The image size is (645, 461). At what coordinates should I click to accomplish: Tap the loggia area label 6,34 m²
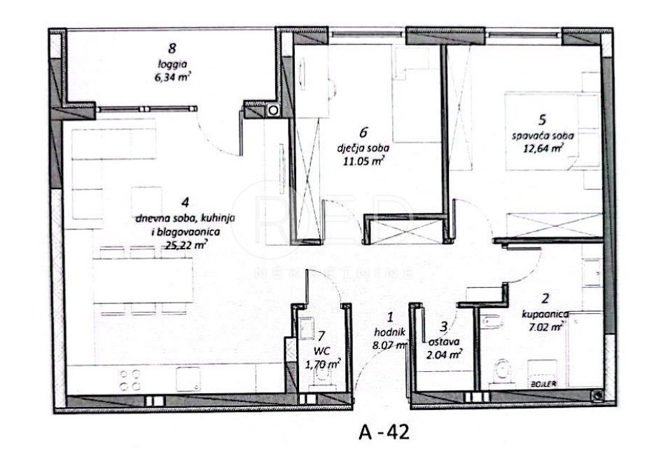(x=172, y=78)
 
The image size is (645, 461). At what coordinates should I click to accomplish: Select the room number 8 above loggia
(x=172, y=49)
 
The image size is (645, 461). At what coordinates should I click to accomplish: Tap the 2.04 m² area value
(x=444, y=355)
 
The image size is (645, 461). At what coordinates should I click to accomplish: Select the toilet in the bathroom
(x=501, y=371)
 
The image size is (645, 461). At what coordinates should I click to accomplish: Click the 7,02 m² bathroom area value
(x=547, y=326)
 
